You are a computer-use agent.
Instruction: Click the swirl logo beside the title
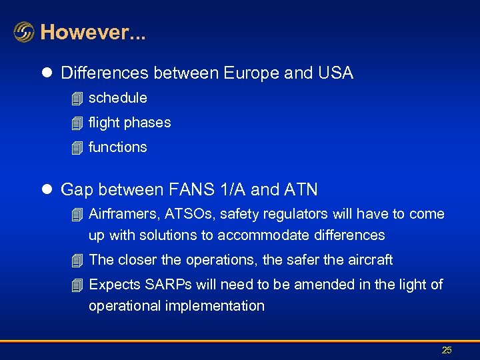[24, 32]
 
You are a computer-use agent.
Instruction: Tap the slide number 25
[447, 350]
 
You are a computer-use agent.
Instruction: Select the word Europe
[251, 73]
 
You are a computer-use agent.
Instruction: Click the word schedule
[118, 98]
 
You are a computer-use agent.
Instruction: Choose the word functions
[118, 147]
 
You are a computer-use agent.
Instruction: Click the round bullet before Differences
[46, 74]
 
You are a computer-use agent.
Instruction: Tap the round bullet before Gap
[46, 190]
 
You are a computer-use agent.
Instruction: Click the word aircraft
[368, 260]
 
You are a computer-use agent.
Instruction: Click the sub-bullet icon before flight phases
[77, 123]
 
